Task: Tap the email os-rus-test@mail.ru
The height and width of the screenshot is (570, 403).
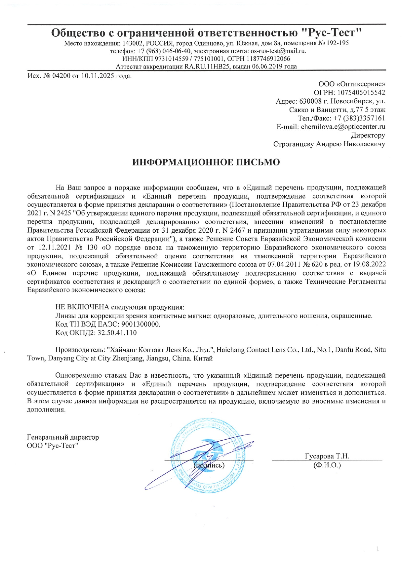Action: pos(278,51)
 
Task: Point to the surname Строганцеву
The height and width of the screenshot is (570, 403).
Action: pos(294,144)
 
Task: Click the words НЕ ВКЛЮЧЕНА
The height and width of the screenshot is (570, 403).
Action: pos(83,307)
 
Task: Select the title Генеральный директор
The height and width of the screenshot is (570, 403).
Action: pos(63,437)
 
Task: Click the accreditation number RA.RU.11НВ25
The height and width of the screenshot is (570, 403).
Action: pos(208,67)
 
